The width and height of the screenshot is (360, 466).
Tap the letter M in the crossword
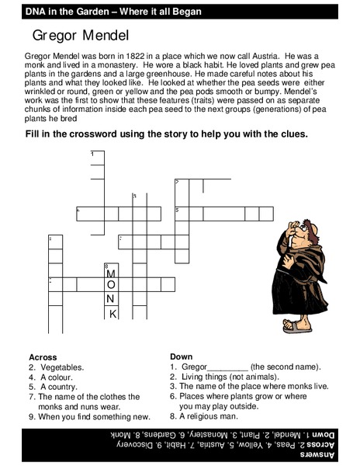[x=111, y=274]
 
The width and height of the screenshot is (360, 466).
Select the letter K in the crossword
[x=112, y=314]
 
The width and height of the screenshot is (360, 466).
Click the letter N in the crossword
[x=111, y=300]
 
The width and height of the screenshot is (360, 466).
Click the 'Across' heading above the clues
[x=43, y=357]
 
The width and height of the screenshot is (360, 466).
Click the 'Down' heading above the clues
[x=181, y=357]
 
